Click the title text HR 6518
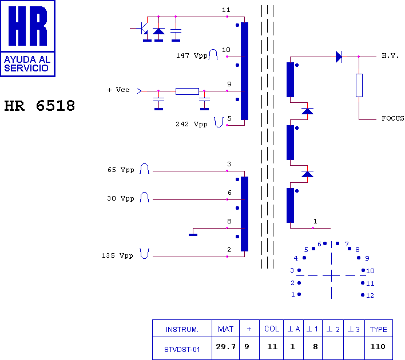point(39,107)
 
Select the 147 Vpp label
point(192,56)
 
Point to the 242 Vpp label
point(192,124)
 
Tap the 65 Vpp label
point(120,170)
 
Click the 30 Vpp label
point(120,199)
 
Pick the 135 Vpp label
point(117,255)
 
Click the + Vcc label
point(118,90)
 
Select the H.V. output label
point(390,56)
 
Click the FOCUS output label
point(392,119)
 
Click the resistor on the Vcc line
point(187,91)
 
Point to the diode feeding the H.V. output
point(339,56)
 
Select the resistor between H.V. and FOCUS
point(359,85)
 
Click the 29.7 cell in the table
point(225,347)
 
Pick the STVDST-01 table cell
point(182,348)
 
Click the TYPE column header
point(378,329)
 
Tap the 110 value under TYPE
point(378,347)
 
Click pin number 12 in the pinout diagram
point(370,295)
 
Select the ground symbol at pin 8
point(193,233)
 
